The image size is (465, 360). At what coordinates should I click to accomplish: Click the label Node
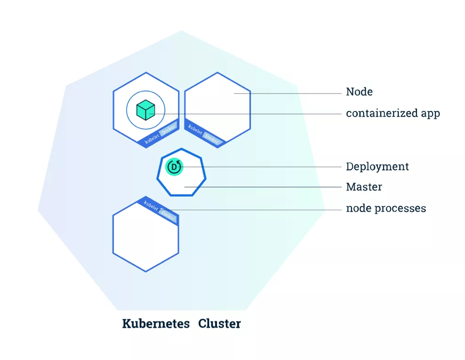click(x=359, y=92)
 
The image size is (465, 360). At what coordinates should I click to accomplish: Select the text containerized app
click(x=393, y=113)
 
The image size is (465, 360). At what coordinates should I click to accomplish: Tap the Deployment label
click(x=377, y=166)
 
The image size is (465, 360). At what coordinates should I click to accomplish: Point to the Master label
click(x=364, y=187)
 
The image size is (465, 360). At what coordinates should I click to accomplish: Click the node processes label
click(x=386, y=208)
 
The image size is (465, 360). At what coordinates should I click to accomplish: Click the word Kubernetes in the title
click(x=156, y=324)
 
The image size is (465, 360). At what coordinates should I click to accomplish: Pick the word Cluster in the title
click(x=219, y=324)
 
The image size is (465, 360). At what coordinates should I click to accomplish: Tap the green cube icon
click(x=146, y=110)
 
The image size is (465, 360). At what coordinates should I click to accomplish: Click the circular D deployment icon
click(x=174, y=167)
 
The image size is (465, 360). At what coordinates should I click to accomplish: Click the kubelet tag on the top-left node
click(x=152, y=139)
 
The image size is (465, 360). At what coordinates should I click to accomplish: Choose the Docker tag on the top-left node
click(x=168, y=129)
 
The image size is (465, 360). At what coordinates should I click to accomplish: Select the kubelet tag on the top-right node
click(x=195, y=130)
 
